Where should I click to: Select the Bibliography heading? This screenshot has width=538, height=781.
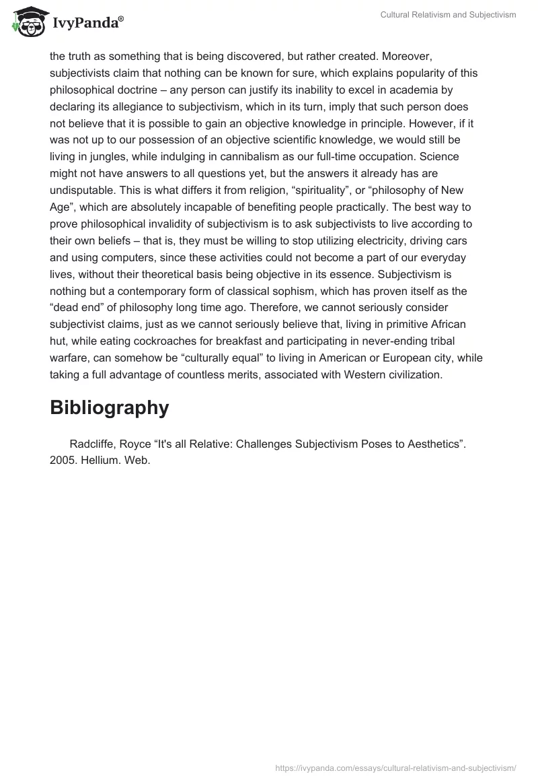tap(109, 407)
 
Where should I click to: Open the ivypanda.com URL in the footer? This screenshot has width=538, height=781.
tap(395, 767)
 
